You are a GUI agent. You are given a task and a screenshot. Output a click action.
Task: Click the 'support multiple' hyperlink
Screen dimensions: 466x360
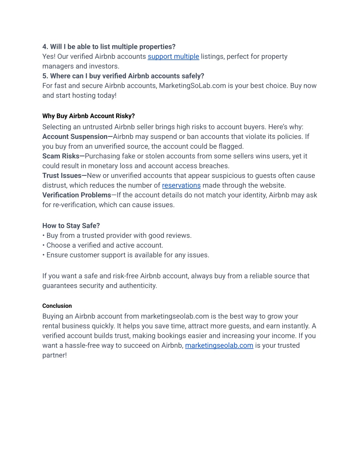[173, 57]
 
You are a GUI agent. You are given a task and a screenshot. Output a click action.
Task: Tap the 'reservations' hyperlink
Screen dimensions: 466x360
[181, 185]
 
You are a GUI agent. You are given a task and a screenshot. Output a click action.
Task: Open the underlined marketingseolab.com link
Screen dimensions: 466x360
[219, 345]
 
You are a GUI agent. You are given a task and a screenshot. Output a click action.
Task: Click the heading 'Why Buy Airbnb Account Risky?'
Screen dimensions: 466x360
[89, 116]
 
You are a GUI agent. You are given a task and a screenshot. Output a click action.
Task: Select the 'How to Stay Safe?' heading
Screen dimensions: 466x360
[71, 226]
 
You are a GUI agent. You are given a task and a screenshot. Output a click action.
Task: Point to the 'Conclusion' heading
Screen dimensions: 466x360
[57, 306]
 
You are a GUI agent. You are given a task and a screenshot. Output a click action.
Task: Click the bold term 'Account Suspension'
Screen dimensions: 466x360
[75, 137]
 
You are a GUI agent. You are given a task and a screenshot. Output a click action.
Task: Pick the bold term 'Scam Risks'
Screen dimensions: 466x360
[61, 156]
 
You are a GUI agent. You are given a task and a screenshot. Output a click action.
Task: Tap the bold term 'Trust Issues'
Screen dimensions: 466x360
[62, 175]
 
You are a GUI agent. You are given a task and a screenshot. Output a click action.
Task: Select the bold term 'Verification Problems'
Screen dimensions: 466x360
[77, 195]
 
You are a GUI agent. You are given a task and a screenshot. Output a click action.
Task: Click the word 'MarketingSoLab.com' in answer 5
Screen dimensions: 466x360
[192, 86]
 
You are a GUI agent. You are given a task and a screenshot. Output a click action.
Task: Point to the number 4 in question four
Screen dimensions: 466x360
[44, 47]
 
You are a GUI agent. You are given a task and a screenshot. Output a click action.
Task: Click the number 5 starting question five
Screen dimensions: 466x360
[44, 76]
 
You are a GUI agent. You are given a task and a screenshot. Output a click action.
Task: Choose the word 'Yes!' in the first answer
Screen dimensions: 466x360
[49, 57]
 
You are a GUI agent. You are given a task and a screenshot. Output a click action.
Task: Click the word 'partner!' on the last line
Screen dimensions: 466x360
[54, 355]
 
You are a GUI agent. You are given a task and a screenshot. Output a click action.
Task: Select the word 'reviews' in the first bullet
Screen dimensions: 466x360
[179, 236]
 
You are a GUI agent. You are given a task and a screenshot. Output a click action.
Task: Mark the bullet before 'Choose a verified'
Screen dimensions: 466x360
[44, 245]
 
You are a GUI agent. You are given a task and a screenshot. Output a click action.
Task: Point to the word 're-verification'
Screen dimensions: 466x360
[75, 205]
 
